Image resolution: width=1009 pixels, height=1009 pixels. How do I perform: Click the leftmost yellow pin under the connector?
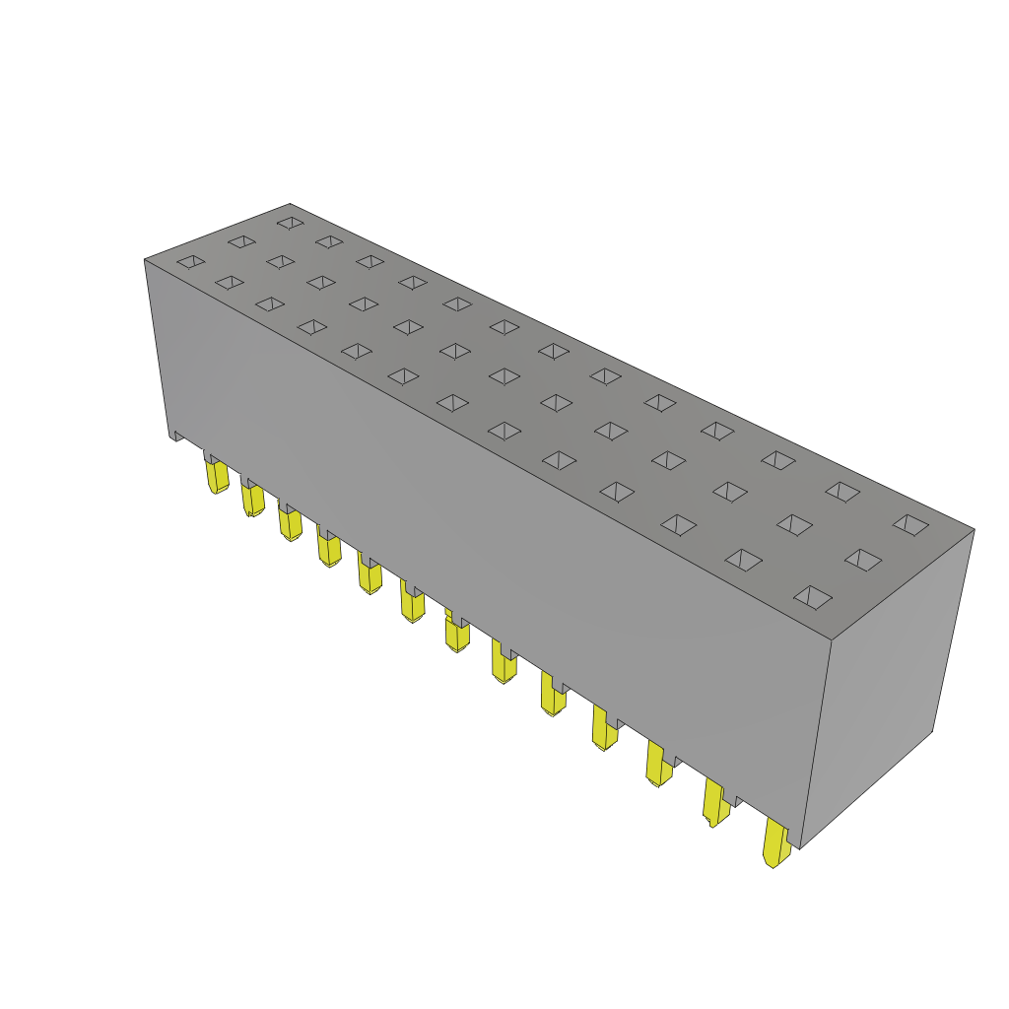coord(217,476)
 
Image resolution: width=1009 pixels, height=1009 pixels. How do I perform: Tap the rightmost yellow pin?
coord(776,844)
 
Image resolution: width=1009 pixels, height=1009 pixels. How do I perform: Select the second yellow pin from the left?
coord(253,499)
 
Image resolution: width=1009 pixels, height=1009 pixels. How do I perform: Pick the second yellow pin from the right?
coord(715,802)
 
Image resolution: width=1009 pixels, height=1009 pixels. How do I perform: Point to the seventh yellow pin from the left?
coord(456,633)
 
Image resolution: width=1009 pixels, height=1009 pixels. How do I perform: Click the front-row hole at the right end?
coord(813,597)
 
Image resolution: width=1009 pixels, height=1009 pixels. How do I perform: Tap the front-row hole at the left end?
coord(191,261)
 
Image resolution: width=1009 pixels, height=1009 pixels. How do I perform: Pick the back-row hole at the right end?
coord(910,524)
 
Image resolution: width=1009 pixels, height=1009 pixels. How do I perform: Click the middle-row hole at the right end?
coord(863,560)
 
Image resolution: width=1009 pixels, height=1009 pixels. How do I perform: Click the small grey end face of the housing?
coord(887,680)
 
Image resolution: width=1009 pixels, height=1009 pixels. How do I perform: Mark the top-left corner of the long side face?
coord(146,260)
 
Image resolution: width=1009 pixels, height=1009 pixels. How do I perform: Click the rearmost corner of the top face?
coord(290,204)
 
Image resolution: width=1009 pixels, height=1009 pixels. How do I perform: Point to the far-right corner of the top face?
coord(974,530)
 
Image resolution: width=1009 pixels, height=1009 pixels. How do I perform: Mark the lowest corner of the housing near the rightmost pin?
coord(800,847)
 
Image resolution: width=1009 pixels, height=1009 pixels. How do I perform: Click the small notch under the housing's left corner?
coord(177,436)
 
